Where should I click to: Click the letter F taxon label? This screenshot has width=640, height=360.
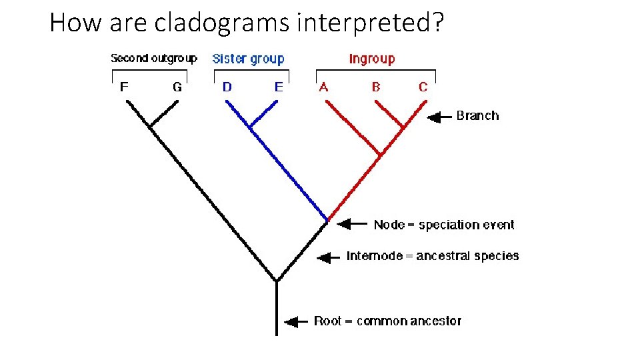(x=124, y=87)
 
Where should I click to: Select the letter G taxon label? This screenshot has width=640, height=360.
(x=177, y=87)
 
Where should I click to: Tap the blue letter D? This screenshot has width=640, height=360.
(x=227, y=87)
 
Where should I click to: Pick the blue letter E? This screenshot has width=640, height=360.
(x=279, y=87)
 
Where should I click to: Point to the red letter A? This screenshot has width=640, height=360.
(x=324, y=87)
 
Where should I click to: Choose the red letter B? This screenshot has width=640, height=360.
(x=376, y=87)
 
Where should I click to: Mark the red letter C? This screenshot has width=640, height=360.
(x=423, y=87)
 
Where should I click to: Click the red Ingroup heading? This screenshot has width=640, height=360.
(x=372, y=59)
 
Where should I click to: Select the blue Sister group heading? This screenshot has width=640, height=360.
(x=248, y=59)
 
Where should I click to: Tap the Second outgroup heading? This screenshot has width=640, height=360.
(x=153, y=58)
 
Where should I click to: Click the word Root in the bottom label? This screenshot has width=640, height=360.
(x=327, y=321)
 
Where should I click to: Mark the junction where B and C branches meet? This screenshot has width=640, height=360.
(x=403, y=127)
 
